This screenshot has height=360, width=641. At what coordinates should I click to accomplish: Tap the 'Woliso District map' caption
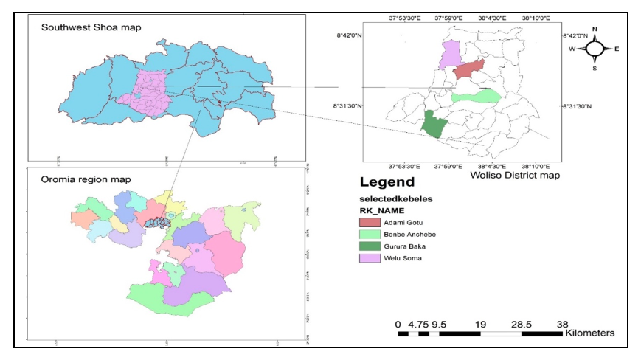[x=514, y=176]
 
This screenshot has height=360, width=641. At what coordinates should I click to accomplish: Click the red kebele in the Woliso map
[x=468, y=71]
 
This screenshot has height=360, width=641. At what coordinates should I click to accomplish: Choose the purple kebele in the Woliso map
[x=448, y=55]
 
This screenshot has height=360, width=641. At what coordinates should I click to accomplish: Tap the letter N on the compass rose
[x=595, y=30]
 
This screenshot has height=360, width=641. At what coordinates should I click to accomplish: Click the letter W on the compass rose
[x=572, y=49]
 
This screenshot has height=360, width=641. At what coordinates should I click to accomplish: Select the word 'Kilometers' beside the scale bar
[x=589, y=333]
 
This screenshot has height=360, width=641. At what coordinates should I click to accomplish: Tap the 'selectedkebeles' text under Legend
[x=395, y=198]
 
